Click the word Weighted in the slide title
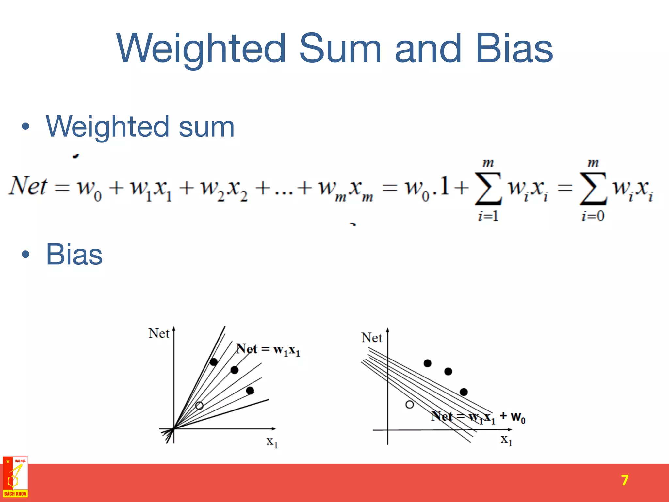click(201, 49)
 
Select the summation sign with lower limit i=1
click(488, 189)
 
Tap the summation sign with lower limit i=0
click(593, 189)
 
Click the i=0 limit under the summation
click(593, 216)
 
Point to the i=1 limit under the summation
click(488, 216)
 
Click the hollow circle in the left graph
click(199, 406)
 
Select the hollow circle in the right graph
click(409, 405)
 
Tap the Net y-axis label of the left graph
click(159, 333)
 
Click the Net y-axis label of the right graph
click(371, 338)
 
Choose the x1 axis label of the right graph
click(507, 440)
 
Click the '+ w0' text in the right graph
click(513, 417)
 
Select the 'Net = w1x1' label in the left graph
click(268, 350)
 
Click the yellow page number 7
click(625, 480)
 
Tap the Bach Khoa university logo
click(15, 477)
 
